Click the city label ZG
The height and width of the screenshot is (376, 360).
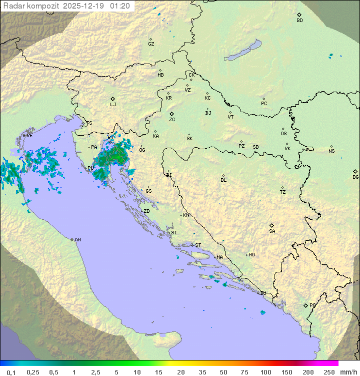[x=172, y=120]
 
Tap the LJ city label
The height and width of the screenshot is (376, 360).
[x=113, y=105]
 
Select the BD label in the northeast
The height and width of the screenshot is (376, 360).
[x=299, y=21]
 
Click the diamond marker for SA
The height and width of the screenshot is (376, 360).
[x=272, y=225]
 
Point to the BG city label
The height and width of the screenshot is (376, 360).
[x=355, y=177]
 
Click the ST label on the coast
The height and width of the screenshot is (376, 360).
[x=198, y=245]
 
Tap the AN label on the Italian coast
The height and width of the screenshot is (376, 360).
[x=77, y=240]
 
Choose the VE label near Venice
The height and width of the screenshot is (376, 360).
[x=29, y=136]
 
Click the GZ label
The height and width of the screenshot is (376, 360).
[x=151, y=44]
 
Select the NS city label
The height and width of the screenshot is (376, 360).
[x=331, y=151]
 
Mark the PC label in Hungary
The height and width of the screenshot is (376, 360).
[x=264, y=104]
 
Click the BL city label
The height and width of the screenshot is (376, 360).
[x=223, y=180]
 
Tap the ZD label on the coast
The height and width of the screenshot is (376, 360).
[x=146, y=211]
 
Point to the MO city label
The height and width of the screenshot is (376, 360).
[x=251, y=255]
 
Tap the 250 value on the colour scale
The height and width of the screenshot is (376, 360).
[x=328, y=372]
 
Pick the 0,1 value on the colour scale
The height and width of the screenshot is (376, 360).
[x=11, y=372]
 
